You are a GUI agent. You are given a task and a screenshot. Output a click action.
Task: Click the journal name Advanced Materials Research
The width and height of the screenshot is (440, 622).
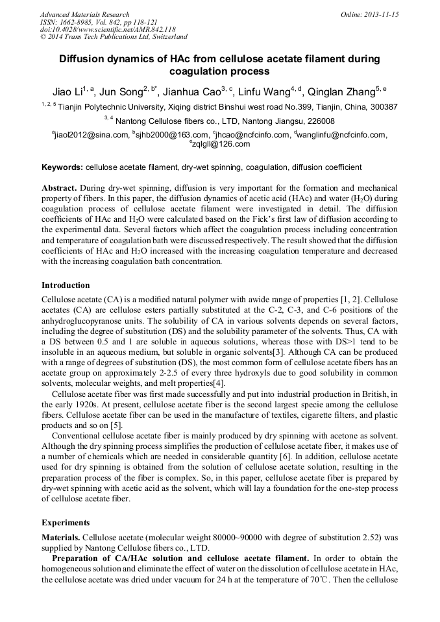coord(84,14)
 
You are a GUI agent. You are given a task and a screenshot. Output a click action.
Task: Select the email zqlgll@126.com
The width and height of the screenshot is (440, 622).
coord(221,144)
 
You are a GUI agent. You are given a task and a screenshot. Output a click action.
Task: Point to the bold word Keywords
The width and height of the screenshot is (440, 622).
coord(62,167)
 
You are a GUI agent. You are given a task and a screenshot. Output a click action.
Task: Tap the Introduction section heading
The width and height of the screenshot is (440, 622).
coord(66,285)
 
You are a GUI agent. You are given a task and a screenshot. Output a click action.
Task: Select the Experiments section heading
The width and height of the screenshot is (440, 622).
coord(66,522)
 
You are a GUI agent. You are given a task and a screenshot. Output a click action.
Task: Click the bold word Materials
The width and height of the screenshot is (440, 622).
coord(61,538)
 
